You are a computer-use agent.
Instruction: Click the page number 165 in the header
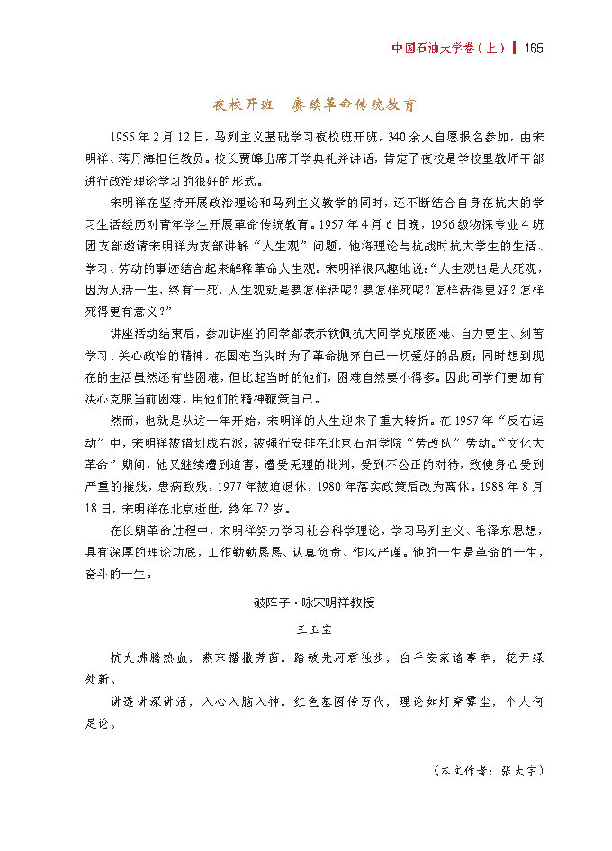pyautogui.click(x=531, y=48)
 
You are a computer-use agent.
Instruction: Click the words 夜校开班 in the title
pyautogui.click(x=241, y=104)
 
